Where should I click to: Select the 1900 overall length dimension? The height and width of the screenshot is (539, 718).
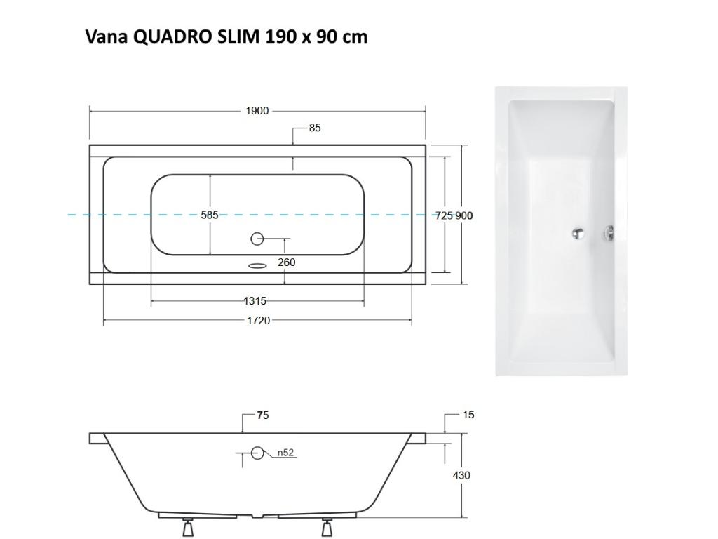click(x=257, y=111)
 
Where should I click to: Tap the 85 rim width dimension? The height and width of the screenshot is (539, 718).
click(x=315, y=128)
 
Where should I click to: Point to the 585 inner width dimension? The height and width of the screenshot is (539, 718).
click(x=210, y=215)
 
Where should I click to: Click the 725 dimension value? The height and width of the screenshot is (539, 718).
click(x=444, y=215)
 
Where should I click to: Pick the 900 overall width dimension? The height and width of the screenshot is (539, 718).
click(x=464, y=215)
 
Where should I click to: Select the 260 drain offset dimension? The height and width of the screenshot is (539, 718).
click(x=286, y=262)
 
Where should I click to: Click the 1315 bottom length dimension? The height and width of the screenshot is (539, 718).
click(x=255, y=301)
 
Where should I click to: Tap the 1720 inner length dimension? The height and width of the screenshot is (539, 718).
click(x=258, y=321)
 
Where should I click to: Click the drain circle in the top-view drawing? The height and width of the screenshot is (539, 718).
click(x=257, y=239)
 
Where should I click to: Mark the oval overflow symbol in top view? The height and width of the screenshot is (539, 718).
click(x=257, y=266)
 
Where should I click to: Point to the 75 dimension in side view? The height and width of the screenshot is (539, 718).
click(x=262, y=415)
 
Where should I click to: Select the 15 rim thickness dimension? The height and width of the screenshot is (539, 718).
click(x=468, y=415)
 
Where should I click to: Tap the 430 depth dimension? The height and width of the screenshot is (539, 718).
click(x=461, y=475)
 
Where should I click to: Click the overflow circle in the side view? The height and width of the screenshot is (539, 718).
click(x=258, y=453)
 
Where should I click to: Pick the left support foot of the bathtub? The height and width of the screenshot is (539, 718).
click(x=188, y=526)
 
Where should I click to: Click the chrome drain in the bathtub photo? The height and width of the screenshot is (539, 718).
click(x=578, y=235)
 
